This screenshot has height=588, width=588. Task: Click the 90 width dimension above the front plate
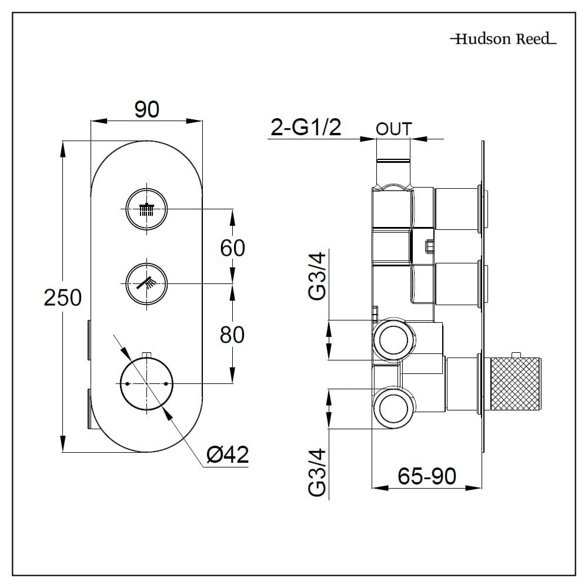coord(146,109)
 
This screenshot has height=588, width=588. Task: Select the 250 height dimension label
coord(63,298)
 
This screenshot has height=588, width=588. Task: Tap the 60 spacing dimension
coord(232,248)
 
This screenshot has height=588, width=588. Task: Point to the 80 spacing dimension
coord(232,335)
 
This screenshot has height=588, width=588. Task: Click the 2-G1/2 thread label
coord(305,127)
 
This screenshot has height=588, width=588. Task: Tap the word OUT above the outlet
coord(393,129)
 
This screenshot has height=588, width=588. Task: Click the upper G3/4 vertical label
coord(317,276)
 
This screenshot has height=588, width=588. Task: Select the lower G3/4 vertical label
coord(317,472)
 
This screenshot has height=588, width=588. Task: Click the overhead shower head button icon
coord(146,209)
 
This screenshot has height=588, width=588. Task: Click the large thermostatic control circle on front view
coord(146,383)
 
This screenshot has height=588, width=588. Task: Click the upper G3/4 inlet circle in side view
coord(393,340)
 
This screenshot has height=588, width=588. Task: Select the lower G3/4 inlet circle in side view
coord(393,407)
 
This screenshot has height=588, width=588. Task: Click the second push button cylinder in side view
coord(458,284)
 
